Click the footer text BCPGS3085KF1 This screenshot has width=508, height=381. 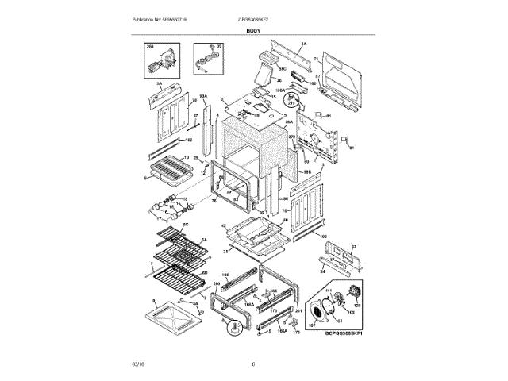[348, 334]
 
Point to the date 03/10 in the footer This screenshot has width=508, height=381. [138, 364]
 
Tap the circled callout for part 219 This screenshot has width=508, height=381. [291, 102]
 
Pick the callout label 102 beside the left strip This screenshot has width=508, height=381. [188, 140]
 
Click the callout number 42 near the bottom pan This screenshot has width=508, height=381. [224, 226]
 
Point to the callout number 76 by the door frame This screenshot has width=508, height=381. [213, 202]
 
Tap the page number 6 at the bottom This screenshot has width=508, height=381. [253, 364]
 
